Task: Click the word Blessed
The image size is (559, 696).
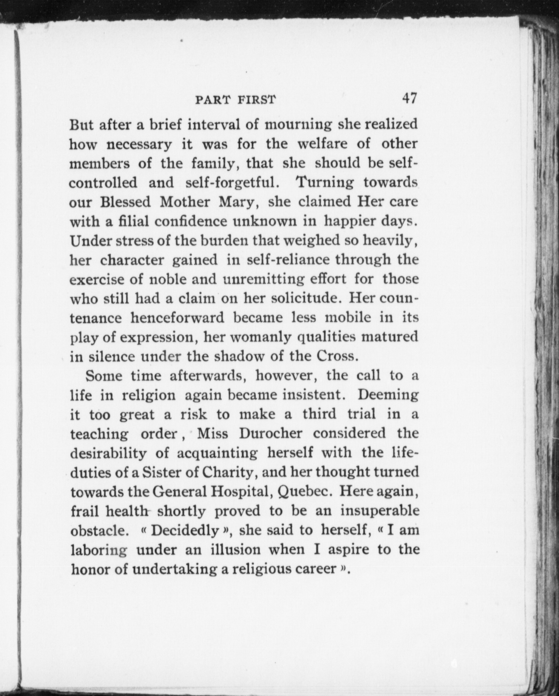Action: (x=125, y=202)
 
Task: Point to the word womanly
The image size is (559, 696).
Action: (x=257, y=337)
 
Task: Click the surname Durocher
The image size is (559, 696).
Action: (x=270, y=433)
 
